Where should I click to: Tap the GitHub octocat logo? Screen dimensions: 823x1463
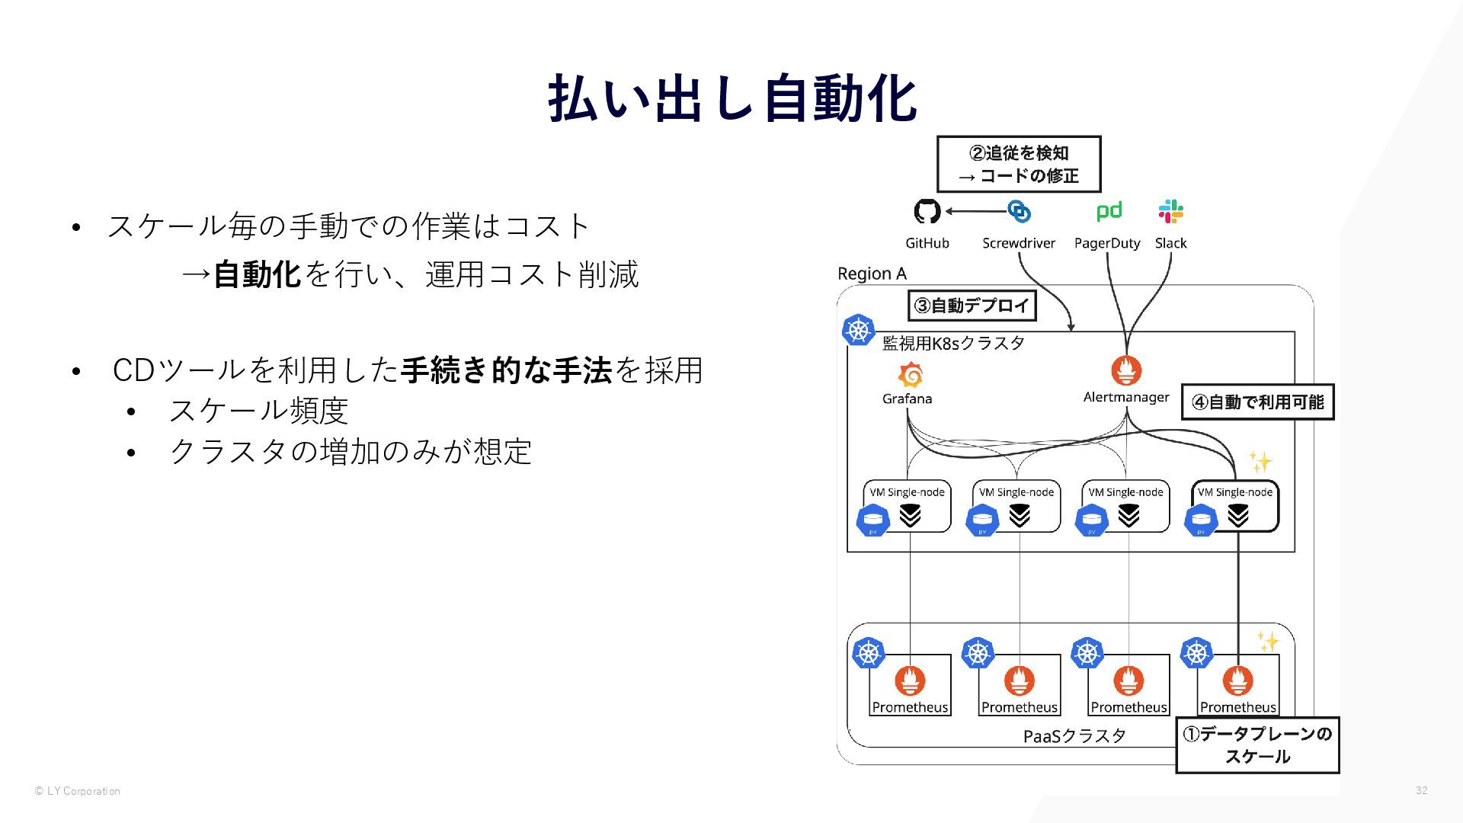pos(927,211)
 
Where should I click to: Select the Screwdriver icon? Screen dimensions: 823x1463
pos(1019,211)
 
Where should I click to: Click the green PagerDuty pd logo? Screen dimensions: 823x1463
pos(1109,210)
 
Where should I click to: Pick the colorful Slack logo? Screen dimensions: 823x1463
pos(1170,211)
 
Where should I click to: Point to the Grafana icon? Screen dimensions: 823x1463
pos(910,375)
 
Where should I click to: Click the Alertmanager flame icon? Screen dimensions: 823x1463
pos(1125,371)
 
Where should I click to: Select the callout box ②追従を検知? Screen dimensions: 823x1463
pos(1018,164)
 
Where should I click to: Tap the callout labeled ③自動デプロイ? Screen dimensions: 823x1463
pos(972,306)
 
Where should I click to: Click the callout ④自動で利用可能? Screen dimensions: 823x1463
pos(1257,402)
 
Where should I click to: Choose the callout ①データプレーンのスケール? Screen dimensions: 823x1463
pos(1257,745)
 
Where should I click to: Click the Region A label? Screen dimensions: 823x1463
pos(872,274)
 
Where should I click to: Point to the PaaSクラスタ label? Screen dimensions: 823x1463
pos(1074,736)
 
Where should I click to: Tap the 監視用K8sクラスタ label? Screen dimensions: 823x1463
pos(953,343)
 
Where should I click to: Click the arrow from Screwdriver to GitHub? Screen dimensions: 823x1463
pos(975,211)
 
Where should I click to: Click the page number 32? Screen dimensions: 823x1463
pos(1421,790)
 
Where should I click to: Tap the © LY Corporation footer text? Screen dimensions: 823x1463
pos(78,791)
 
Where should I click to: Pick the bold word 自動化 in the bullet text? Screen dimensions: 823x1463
pos(257,274)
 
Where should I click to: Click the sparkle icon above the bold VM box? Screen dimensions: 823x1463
pos(1260,462)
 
